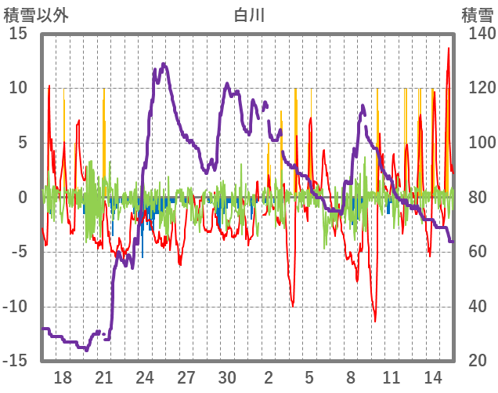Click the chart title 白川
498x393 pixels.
point(248,14)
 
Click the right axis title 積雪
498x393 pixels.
point(477,14)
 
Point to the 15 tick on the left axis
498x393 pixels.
point(18,34)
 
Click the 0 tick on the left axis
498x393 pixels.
point(23,197)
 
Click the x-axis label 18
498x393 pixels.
point(63,376)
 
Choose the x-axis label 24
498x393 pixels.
point(145,376)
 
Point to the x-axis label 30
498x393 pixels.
point(227,376)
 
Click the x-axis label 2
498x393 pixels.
point(269,376)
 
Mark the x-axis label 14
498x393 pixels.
point(433,376)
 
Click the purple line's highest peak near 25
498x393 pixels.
point(163,64)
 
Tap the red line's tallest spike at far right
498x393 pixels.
point(448,49)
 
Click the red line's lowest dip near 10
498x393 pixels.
point(375,320)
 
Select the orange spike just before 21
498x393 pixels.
point(103,90)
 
